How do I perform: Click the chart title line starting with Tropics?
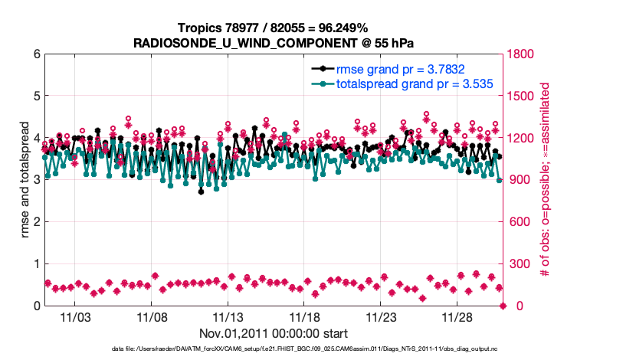point(272,28)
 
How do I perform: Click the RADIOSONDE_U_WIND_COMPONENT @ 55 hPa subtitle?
point(272,41)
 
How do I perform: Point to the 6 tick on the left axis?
point(36,54)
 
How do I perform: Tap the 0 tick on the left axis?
point(36,306)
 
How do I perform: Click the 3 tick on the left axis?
point(36,180)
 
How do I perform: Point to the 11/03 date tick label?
point(75,317)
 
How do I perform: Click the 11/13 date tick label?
point(228,317)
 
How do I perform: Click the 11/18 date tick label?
point(304,317)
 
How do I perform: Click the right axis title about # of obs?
point(546,180)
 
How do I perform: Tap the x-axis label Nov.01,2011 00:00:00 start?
point(274,334)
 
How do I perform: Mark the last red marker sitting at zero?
point(503,306)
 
